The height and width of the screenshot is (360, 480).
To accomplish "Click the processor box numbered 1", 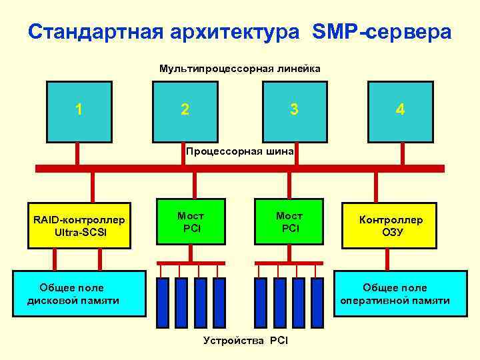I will coord(78,111).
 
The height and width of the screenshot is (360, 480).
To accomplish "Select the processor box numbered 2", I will coord(185,111).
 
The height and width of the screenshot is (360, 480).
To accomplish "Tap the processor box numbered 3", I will coord(293,111).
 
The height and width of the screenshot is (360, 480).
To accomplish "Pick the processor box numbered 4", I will coord(400,111).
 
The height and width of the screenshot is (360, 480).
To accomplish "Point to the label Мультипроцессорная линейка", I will coord(239,68).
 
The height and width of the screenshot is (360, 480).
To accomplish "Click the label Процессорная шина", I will coord(239,151).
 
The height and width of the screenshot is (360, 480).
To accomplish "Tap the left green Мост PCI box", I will coord(190,222).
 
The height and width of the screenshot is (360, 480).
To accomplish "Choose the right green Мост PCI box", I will coord(289,222).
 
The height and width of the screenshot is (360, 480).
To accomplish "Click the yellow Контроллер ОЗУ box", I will coord(391,225).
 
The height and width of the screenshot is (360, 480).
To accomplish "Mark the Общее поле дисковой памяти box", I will coord(73,294).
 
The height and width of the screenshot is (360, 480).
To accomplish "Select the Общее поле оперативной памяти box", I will coord(395,294).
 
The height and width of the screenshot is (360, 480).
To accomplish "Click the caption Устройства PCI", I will coord(245,341).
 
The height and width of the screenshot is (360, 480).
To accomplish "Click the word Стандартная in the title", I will coord(94,32).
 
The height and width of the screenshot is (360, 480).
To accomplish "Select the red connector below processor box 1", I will coord(78,153).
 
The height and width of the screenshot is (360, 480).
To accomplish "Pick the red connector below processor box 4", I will coord(402,153).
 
